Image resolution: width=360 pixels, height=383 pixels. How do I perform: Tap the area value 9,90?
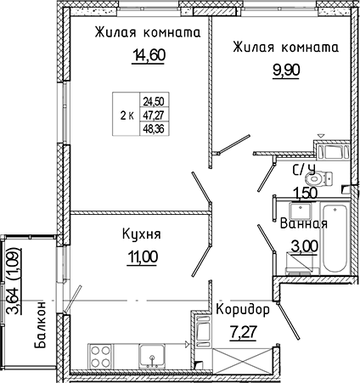point(279,73)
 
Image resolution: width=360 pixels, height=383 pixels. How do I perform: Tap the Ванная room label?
point(303,225)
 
